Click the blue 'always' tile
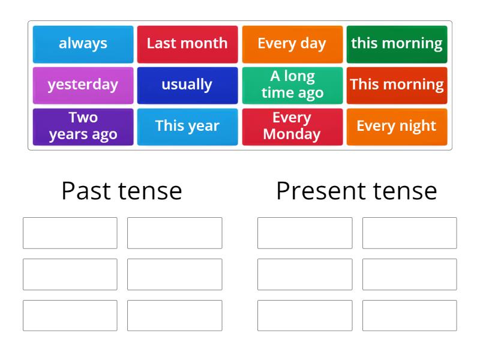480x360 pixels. pyautogui.click(x=83, y=44)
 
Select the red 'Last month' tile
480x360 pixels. pyautogui.click(x=187, y=44)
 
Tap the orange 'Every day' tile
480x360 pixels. pyautogui.click(x=292, y=44)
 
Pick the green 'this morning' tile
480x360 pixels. pyautogui.click(x=397, y=44)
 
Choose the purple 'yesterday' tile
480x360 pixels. pyautogui.click(x=83, y=85)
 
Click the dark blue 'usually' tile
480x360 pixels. pyautogui.click(x=187, y=85)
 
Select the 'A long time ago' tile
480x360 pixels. pyautogui.click(x=292, y=85)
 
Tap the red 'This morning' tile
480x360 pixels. pyautogui.click(x=397, y=85)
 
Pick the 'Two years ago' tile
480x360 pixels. pyautogui.click(x=83, y=126)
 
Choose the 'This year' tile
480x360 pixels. pyautogui.click(x=187, y=126)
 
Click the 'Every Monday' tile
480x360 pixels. pyautogui.click(x=292, y=126)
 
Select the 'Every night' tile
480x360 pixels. pyautogui.click(x=397, y=126)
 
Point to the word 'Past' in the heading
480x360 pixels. pyautogui.click(x=86, y=191)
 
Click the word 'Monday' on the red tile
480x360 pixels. pyautogui.click(x=292, y=134)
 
